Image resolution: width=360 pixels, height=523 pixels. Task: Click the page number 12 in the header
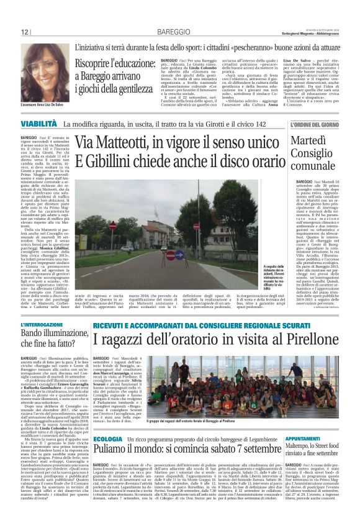pyautogui.click(x=25, y=32)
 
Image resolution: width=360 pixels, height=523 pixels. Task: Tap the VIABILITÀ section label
pyautogui.click(x=39, y=125)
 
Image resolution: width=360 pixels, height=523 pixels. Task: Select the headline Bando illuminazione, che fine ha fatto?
pyautogui.click(x=53, y=340)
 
